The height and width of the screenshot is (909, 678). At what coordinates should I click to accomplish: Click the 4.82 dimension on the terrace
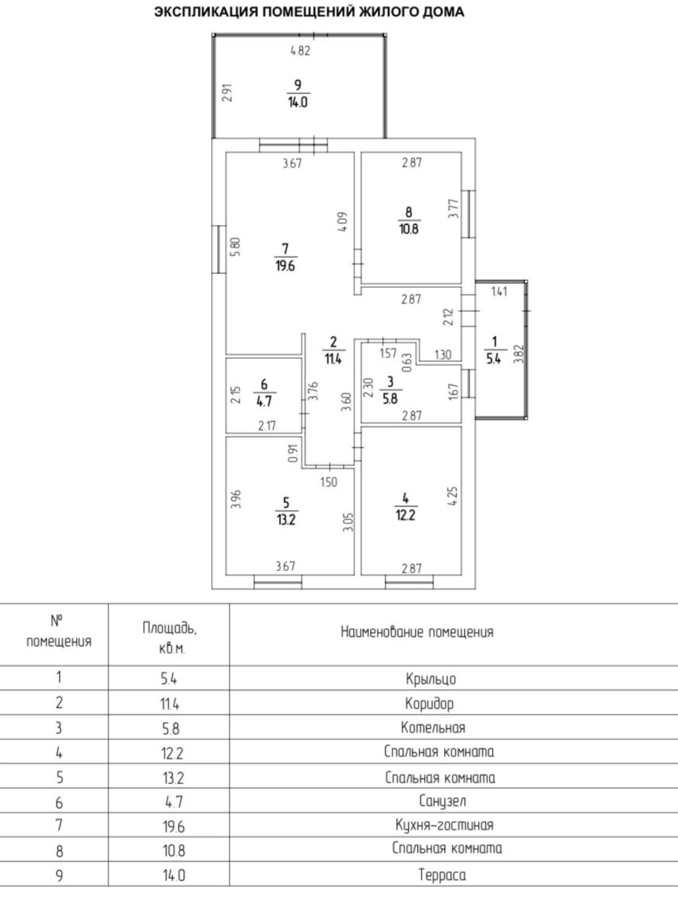point(300,51)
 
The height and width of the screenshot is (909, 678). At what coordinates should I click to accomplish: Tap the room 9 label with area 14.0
point(298,94)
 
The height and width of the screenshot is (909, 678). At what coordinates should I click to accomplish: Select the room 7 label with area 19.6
point(285,257)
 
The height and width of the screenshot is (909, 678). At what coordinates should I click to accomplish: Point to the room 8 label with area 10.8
point(409,221)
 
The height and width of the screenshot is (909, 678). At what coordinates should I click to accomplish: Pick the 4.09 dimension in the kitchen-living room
point(343,221)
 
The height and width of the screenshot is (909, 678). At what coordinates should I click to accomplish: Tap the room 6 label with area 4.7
point(264,393)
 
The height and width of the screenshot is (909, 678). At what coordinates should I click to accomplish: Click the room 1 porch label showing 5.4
point(494,350)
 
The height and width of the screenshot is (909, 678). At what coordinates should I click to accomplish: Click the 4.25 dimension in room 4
point(453,496)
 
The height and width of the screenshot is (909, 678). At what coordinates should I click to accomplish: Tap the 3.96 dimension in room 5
point(236,499)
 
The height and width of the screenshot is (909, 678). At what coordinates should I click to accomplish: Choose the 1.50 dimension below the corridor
point(329,482)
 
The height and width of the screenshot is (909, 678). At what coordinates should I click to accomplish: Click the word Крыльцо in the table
point(431,679)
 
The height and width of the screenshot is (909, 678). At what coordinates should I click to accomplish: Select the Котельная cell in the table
point(433,728)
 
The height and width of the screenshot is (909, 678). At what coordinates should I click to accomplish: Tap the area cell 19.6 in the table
point(173,826)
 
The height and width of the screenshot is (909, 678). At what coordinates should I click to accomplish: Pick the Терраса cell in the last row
point(442,875)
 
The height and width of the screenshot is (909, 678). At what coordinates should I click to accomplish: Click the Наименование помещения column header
point(417,632)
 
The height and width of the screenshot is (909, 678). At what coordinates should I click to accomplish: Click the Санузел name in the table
point(442,801)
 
